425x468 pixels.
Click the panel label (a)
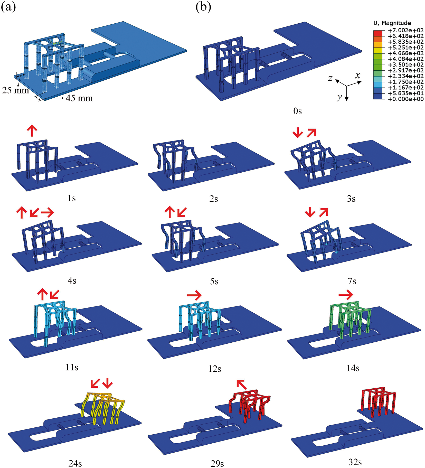click(x=8, y=7)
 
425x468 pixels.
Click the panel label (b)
click(x=203, y=7)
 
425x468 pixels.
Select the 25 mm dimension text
click(x=15, y=90)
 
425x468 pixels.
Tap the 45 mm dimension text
click(x=79, y=98)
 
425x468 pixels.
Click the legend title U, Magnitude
click(x=392, y=23)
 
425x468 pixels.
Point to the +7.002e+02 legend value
click(x=406, y=30)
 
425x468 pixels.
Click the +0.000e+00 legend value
click(x=406, y=99)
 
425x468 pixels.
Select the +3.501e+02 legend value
click(x=406, y=65)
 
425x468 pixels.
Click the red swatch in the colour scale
click(x=378, y=33)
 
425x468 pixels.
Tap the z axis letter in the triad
click(x=330, y=78)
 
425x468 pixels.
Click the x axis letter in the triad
click(x=357, y=76)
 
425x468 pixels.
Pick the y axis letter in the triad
click(x=339, y=97)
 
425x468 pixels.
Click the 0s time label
click(x=298, y=111)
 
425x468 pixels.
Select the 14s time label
click(x=353, y=368)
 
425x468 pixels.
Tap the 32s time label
click(x=355, y=462)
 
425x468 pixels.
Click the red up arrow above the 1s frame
click(x=32, y=130)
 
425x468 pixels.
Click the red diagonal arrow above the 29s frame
click(x=241, y=385)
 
